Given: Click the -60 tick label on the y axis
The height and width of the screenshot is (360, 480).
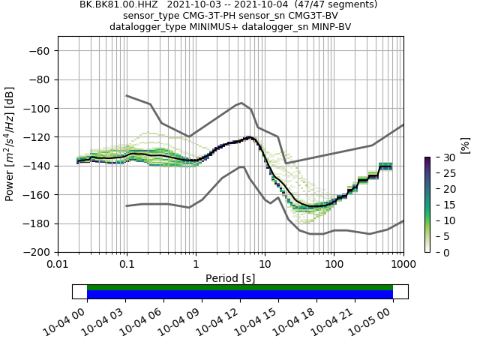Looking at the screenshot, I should pos(40,50).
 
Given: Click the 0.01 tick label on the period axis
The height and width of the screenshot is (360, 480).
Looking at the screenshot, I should pos(58,265).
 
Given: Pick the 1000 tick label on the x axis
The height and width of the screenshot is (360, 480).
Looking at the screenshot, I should pos(403,265).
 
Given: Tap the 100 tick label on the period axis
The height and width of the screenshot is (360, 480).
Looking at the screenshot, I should pos(334,265).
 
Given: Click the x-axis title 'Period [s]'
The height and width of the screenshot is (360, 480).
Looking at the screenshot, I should pos(230,278).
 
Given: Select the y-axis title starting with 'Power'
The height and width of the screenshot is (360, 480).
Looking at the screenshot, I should pos(10,144).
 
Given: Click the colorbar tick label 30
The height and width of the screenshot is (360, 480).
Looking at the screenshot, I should pos(439,157).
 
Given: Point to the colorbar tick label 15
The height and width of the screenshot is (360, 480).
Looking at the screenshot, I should pos(439,205).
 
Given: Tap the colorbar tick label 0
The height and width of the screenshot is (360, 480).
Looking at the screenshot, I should pos(437,252).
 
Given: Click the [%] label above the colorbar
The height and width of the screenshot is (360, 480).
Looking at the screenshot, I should pos(465,145).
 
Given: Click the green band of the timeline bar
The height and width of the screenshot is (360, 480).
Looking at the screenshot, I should pos(240,287).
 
